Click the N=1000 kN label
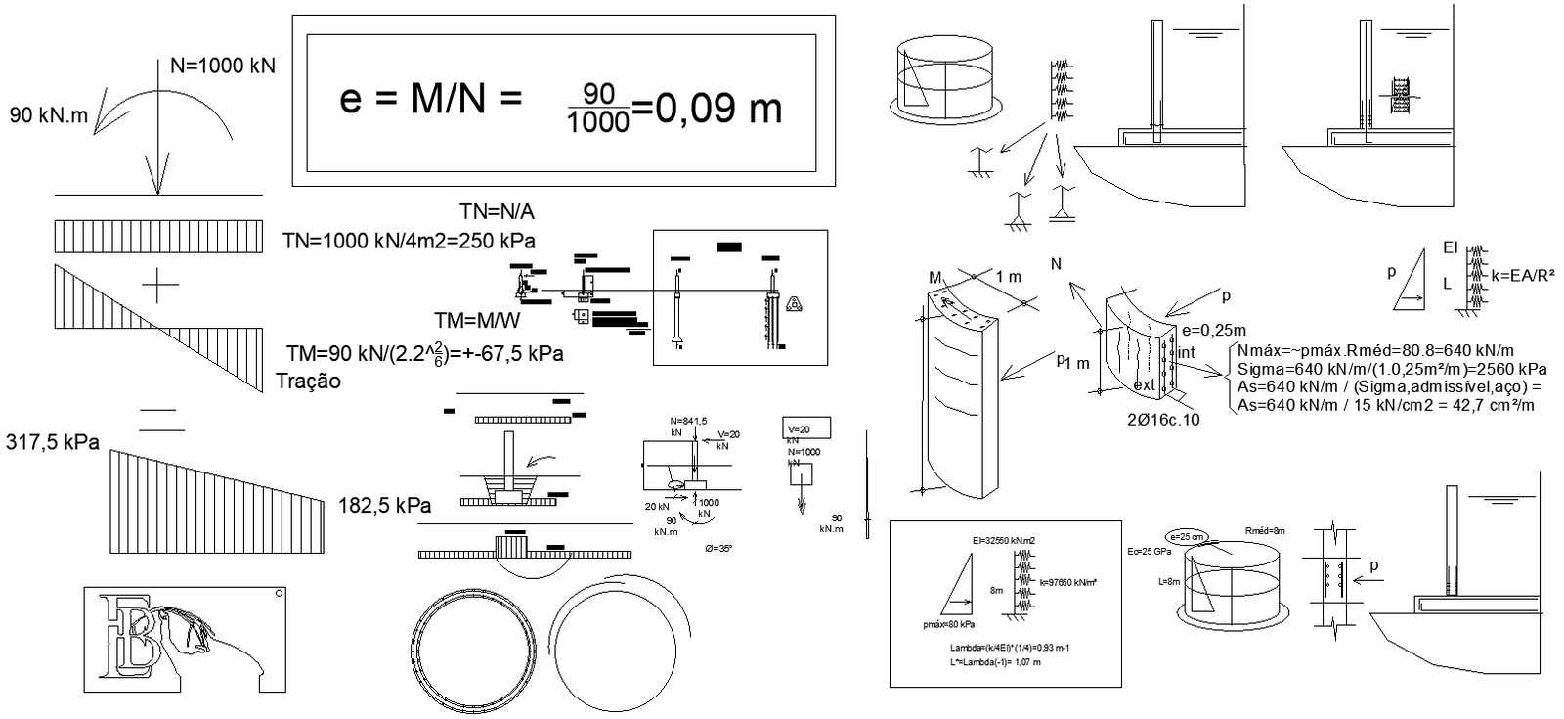222,66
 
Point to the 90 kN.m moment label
49,115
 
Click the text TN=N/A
497,211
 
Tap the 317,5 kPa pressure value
53,442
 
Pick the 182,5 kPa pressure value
384,506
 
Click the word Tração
309,382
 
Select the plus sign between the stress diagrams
160,286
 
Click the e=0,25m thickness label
1213,331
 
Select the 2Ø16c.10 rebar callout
1162,420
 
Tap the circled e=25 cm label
1188,536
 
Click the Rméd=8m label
1265,530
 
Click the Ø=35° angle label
718,548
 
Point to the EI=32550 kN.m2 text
1004,540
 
